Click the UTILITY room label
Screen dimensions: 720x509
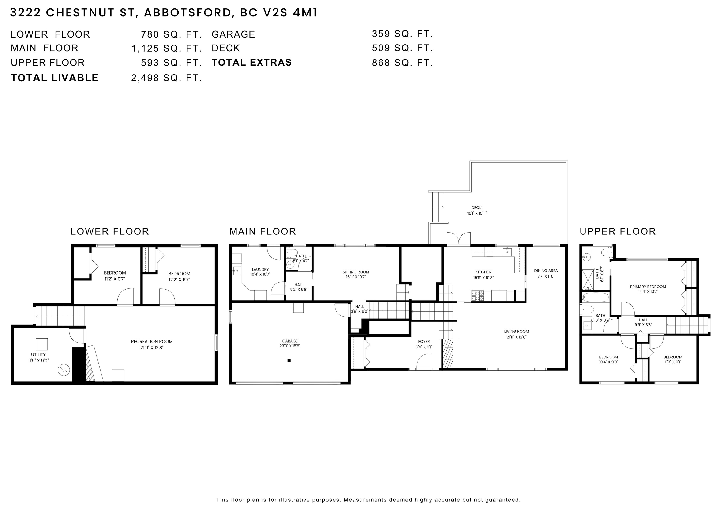tap(38, 355)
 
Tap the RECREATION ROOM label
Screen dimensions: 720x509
tap(152, 342)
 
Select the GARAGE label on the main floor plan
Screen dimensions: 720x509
tap(290, 341)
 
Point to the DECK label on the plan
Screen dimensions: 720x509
tap(476, 208)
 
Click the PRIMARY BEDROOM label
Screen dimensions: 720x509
tap(648, 287)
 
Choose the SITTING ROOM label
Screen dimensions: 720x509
tap(356, 272)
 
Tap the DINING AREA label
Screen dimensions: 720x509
tap(546, 271)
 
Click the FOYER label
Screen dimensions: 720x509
tap(424, 342)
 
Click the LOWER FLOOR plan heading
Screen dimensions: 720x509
tap(110, 231)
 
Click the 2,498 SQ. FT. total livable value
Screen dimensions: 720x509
tap(166, 78)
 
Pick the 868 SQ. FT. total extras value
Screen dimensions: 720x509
tap(402, 63)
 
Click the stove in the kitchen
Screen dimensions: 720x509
tap(477, 296)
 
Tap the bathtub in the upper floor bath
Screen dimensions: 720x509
tap(595, 298)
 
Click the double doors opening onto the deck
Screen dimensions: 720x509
tap(459, 238)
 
